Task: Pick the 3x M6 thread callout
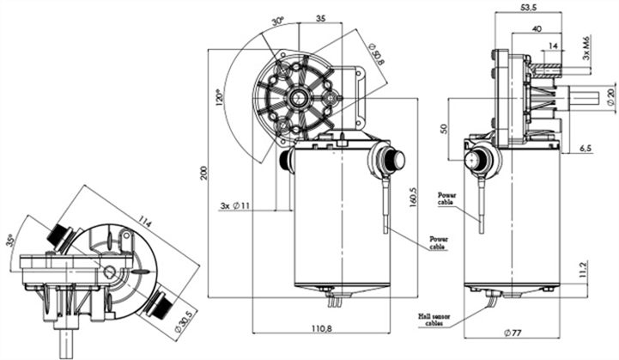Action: coord(586,48)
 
